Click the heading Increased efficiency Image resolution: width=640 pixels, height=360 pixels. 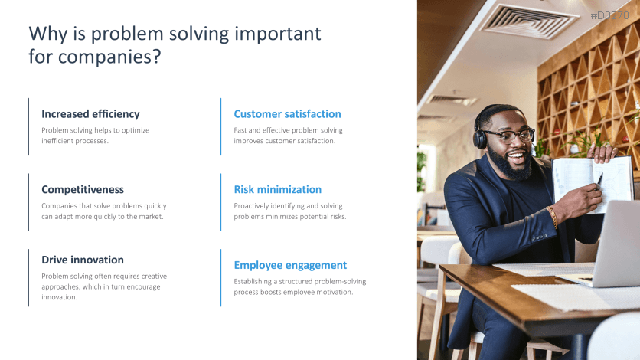click(90, 114)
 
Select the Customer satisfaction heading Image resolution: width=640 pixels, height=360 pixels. click(287, 114)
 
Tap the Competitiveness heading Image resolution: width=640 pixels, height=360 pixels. click(83, 189)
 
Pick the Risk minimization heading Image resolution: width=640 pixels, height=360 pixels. click(278, 189)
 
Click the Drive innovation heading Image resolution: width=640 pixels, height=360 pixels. click(83, 260)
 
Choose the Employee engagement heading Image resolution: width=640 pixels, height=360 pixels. click(290, 265)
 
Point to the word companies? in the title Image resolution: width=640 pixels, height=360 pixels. click(109, 57)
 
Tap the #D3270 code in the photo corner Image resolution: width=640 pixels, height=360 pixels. click(610, 15)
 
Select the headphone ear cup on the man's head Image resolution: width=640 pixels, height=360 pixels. click(480, 138)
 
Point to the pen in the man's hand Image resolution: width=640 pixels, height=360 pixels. click(599, 179)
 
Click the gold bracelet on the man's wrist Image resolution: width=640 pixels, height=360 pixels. click(552, 216)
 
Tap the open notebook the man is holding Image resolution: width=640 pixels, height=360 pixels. click(593, 183)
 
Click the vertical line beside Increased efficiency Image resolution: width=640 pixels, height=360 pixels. click(28, 126)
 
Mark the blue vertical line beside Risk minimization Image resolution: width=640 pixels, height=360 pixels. click(220, 202)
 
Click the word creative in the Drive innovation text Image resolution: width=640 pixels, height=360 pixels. click(154, 277)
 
